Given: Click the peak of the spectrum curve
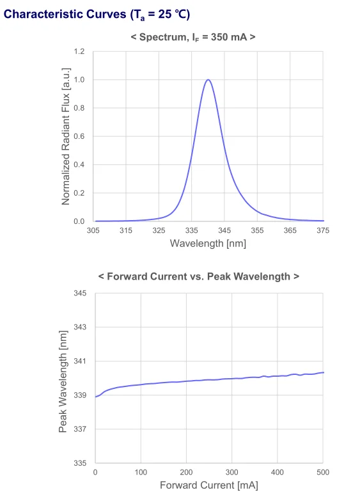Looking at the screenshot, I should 208,80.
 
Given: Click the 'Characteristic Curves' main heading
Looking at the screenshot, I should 97,15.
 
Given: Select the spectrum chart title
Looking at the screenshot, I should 192,37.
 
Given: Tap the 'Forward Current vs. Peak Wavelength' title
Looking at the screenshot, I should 199,276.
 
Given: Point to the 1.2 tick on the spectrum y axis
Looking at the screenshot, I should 79,51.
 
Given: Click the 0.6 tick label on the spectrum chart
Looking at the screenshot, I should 79,136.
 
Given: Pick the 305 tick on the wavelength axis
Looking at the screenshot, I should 93,231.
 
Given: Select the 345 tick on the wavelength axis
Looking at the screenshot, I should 224,231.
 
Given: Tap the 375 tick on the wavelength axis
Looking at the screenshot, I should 323,231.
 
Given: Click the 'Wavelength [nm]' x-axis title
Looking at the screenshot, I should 208,244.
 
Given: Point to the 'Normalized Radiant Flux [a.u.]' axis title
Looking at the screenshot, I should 66,136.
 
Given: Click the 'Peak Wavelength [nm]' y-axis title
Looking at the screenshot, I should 63,377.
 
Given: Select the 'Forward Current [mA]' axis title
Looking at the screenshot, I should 208,486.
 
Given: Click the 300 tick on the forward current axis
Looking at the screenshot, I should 232,472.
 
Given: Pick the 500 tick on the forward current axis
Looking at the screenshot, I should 323,472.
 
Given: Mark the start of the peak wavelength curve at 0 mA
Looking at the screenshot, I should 95,397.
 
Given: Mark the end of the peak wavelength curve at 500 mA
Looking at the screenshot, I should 324,372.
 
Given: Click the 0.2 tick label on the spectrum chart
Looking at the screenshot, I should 79,193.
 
